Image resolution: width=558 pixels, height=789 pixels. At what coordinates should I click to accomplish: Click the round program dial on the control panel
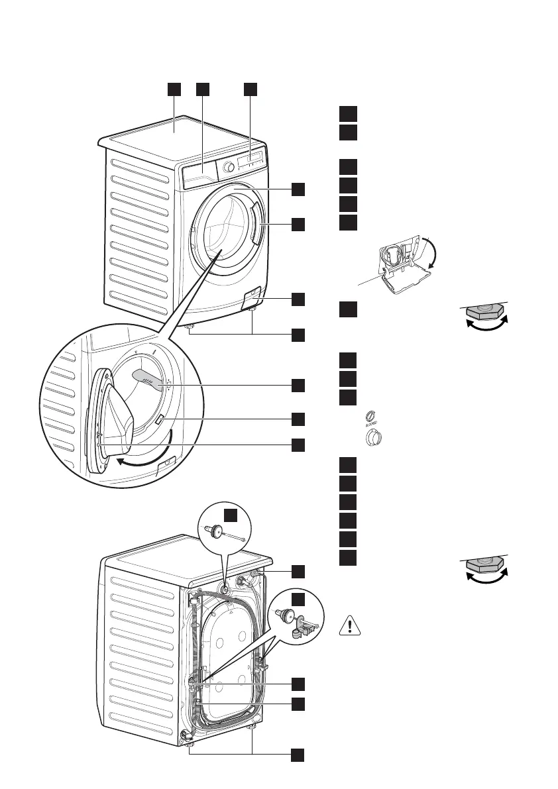tap(229, 167)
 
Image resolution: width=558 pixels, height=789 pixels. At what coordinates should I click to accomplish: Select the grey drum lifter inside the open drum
tap(148, 379)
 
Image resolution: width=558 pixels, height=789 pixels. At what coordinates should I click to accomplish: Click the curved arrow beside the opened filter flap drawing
tap(433, 255)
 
